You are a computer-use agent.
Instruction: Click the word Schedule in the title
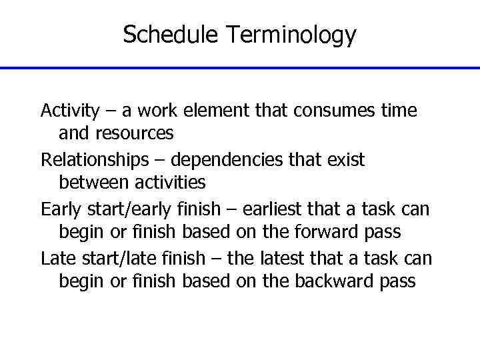click(171, 35)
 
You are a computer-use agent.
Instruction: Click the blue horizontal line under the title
click(240, 68)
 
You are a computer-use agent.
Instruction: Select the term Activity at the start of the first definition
click(70, 110)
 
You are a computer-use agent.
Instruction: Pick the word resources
click(135, 133)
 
